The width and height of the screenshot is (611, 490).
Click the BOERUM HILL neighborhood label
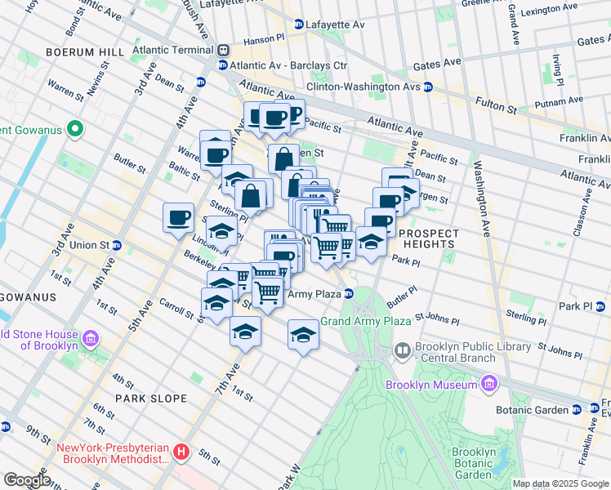[x=90, y=51]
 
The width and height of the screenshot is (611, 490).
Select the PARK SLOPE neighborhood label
[x=151, y=399]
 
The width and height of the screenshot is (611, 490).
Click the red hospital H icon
[x=181, y=450]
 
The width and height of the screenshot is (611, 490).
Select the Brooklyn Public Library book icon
[x=403, y=352]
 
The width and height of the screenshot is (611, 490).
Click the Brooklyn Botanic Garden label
[x=474, y=464]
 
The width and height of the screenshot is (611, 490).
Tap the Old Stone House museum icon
[x=90, y=339]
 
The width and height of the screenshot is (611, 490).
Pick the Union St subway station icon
[x=117, y=245]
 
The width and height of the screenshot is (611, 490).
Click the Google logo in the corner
[x=26, y=480]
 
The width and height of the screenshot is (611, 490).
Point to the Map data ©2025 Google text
[x=560, y=483]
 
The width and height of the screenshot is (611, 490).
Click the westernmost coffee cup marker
[x=179, y=218]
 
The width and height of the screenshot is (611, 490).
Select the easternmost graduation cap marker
[x=371, y=242]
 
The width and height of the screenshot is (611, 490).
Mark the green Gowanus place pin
[x=75, y=129]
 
